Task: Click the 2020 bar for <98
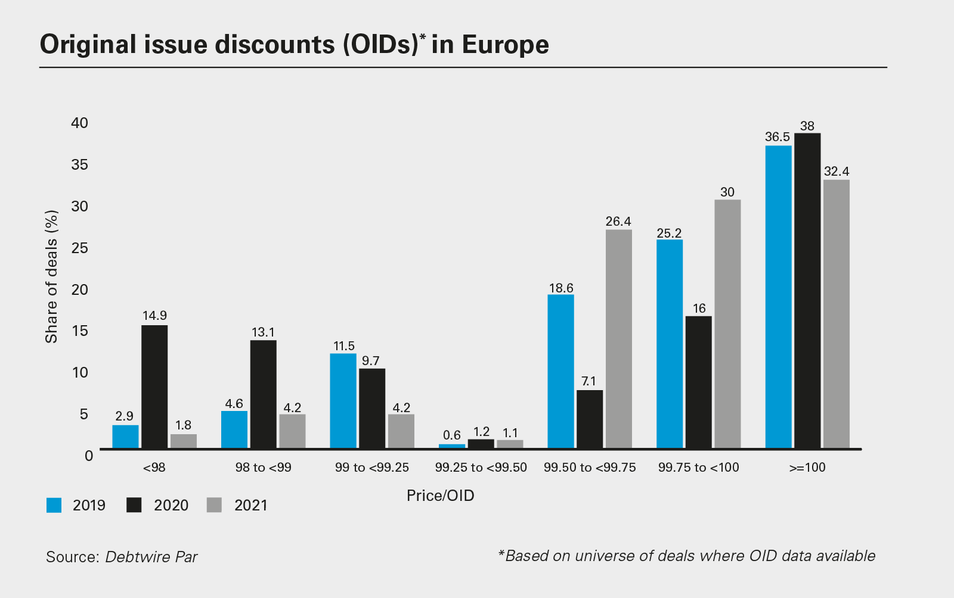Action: pos(154,387)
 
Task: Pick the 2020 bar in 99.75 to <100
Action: pos(699,382)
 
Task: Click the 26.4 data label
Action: pos(618,222)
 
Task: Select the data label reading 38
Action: pos(807,126)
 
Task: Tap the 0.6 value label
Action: pos(452,435)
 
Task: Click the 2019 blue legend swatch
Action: pos(54,505)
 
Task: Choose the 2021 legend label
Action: pos(251,505)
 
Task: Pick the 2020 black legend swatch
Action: pos(134,505)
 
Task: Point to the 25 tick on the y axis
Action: pos(79,248)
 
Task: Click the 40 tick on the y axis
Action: pos(79,123)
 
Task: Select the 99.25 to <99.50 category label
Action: pos(481,468)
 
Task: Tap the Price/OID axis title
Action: pos(440,496)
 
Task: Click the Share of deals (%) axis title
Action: pos(52,276)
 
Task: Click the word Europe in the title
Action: pos(505,45)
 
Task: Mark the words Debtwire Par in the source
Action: pos(151,557)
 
